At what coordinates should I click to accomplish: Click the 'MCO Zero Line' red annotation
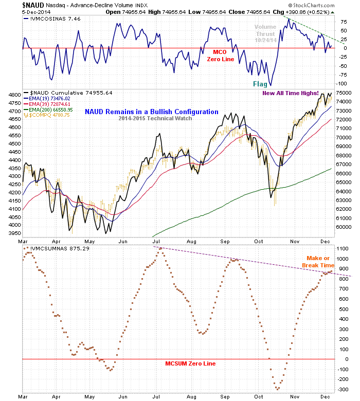click(221, 56)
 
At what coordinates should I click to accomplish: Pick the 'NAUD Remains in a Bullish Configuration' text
click(151, 112)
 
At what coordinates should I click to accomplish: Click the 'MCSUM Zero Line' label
click(190, 363)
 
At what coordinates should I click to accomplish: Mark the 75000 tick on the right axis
click(345, 93)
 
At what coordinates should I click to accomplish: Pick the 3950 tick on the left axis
click(14, 233)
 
